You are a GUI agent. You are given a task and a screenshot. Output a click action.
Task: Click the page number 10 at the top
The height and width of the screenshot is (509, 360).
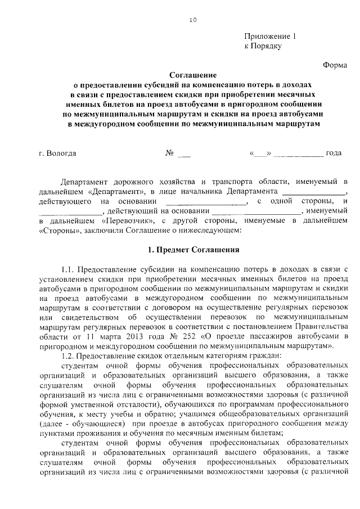(x=193, y=20)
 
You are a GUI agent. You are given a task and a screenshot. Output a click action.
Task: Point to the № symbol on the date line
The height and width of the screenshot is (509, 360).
(x=169, y=152)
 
